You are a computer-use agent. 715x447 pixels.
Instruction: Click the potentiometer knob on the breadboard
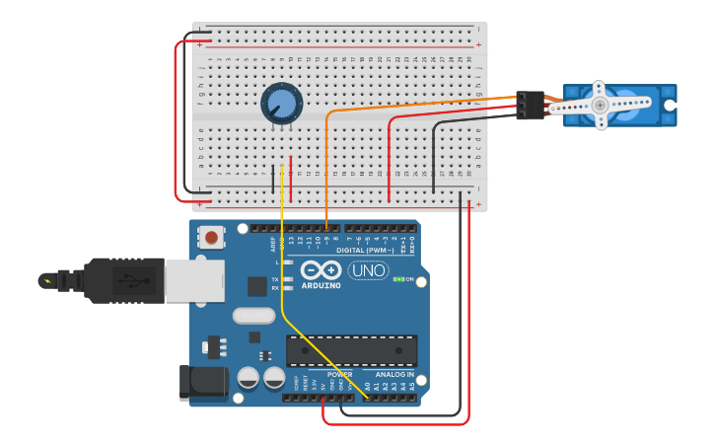pos(281,103)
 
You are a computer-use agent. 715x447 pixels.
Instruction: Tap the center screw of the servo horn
pos(600,104)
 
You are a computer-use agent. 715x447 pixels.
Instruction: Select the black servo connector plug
pos(531,105)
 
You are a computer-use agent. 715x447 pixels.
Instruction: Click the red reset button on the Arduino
pos(210,237)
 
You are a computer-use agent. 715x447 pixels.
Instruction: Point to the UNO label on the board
pos(368,270)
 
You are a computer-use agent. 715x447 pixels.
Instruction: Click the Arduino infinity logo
pos(321,270)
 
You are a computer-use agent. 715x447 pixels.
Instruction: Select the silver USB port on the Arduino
pos(187,280)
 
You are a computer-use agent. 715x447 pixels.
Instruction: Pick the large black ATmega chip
pos(351,350)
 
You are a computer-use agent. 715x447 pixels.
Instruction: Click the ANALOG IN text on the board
pos(394,375)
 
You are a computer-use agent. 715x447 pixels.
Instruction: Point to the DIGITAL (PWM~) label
pos(364,250)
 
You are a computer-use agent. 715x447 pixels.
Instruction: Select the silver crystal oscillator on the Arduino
pos(253,317)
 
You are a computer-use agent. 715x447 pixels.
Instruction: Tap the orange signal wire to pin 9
pos(326,168)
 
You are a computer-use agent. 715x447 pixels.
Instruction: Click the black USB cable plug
pos(118,280)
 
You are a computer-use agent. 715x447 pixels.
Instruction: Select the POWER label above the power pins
pos(339,375)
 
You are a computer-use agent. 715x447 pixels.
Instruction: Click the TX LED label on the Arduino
pos(275,279)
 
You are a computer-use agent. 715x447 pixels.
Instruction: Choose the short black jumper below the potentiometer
pos(273,179)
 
